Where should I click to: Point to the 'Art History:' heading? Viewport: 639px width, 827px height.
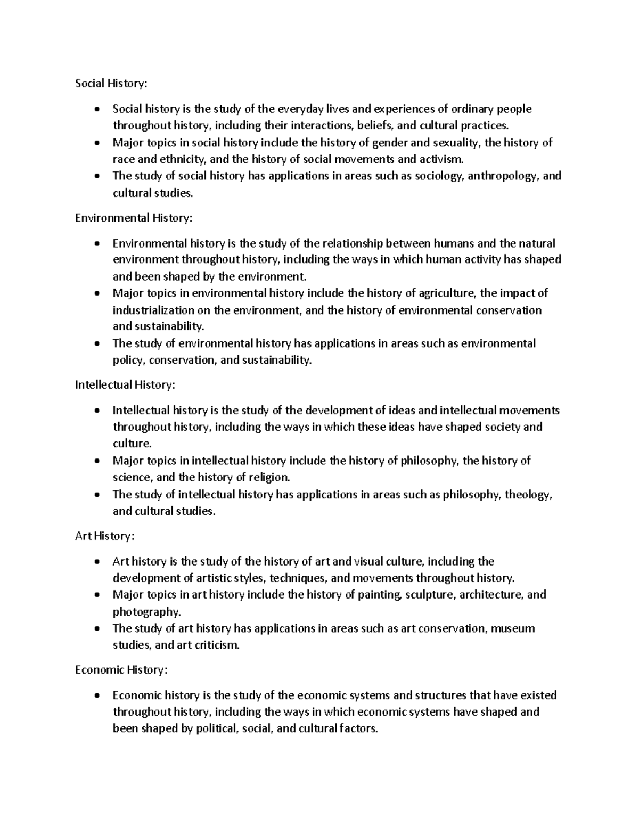[x=105, y=536]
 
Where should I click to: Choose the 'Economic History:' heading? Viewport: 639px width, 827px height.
[x=121, y=670]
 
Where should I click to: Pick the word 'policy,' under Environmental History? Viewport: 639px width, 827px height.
[x=128, y=361]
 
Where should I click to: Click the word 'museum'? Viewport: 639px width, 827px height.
[x=512, y=628]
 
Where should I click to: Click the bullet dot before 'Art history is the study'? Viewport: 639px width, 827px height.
[x=96, y=562]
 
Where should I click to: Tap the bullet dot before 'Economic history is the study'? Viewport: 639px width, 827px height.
[x=96, y=696]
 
